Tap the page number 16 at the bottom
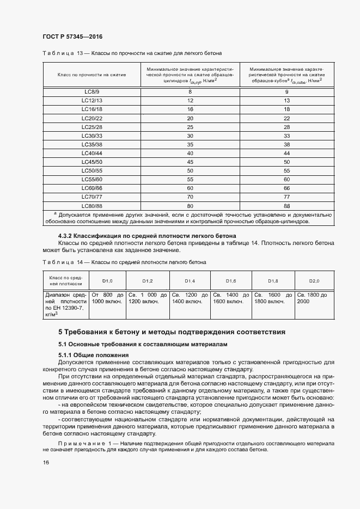point(46,462)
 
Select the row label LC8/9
point(91,91)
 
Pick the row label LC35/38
point(91,144)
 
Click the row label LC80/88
point(91,206)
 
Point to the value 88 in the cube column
point(286,206)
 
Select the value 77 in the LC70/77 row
point(286,197)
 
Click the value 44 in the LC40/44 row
point(286,153)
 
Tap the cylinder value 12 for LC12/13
point(190,101)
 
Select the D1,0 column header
point(107,280)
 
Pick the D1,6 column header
point(231,280)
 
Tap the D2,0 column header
point(314,280)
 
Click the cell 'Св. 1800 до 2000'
point(312,298)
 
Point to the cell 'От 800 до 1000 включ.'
point(107,298)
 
